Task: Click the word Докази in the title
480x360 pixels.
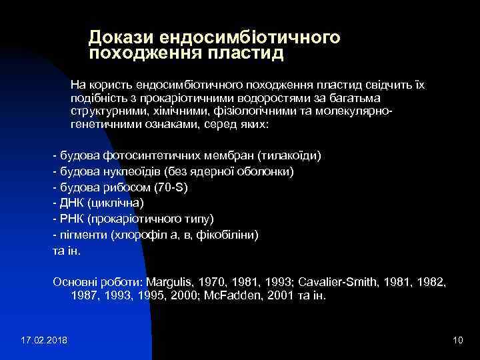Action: point(117,37)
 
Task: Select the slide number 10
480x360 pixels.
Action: point(457,341)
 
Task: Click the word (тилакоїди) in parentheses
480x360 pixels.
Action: point(289,155)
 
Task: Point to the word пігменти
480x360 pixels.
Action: point(83,235)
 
